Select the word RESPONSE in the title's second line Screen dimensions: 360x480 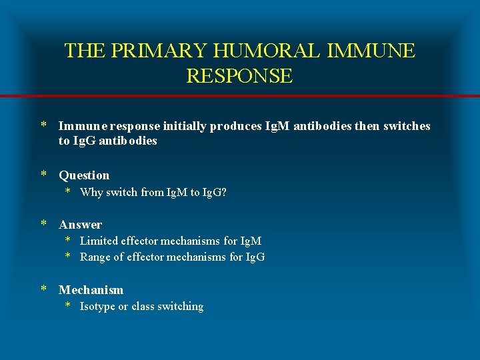pyautogui.click(x=239, y=76)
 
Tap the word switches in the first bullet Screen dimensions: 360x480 pyautogui.click(x=407, y=126)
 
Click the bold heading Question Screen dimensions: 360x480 pyautogui.click(x=84, y=175)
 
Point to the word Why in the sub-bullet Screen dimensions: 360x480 pyautogui.click(x=90, y=192)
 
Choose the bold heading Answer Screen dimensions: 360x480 pyautogui.click(x=80, y=225)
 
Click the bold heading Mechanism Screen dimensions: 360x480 pyautogui.click(x=91, y=290)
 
